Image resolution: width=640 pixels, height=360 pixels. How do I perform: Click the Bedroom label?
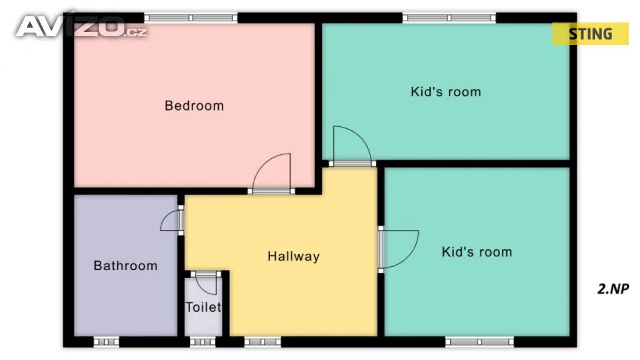(194, 106)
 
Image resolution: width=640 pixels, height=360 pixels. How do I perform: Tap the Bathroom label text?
(125, 266)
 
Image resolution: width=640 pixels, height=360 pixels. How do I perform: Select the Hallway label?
(294, 256)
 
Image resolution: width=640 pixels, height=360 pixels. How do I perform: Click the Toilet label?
(203, 307)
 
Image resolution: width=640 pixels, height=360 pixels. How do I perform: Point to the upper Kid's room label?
(446, 92)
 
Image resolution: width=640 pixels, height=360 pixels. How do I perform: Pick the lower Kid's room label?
(477, 252)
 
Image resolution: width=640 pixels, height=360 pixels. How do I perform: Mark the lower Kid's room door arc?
(410, 256)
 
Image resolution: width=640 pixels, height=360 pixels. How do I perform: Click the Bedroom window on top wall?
(191, 18)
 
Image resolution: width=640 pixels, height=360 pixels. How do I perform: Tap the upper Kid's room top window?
(449, 18)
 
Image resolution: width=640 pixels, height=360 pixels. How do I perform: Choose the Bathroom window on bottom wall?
(106, 342)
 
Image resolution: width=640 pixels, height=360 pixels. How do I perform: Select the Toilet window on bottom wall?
(203, 342)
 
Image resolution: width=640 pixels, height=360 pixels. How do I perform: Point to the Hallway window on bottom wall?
(262, 342)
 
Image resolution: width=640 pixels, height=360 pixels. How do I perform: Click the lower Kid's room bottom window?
(479, 342)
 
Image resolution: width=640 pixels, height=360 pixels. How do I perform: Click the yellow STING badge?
(590, 34)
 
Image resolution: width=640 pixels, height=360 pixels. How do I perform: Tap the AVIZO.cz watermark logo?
(82, 27)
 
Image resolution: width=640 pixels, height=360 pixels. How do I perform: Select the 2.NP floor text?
(613, 289)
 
